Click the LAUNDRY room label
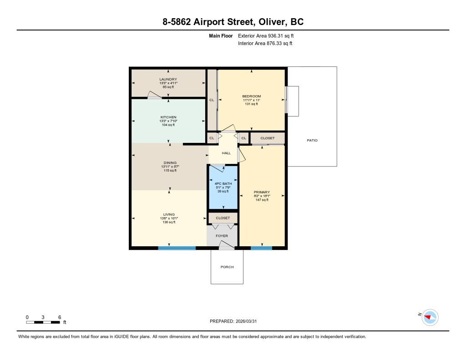pos(168,79)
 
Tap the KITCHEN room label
pos(168,117)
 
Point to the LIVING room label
pos(169,214)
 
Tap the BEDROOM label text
pos(251,96)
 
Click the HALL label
pos(226,153)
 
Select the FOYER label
pos(222,236)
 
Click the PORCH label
pos(227,267)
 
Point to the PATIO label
pos(312,140)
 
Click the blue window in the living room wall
pos(177,248)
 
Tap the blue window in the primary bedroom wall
pos(261,248)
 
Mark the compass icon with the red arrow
pos(430,317)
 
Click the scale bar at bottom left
pos(43,322)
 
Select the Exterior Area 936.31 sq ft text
pos(269,35)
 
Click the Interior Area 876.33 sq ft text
pos(265,44)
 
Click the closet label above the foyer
pos(223,218)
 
